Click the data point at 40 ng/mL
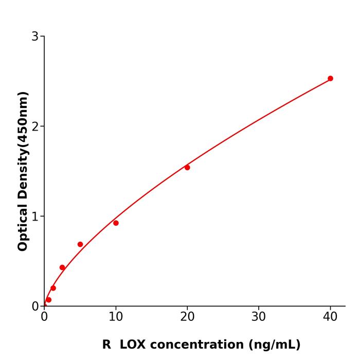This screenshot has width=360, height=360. coord(330,79)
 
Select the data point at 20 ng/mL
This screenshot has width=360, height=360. coord(187,168)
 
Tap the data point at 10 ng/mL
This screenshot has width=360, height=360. coord(116,223)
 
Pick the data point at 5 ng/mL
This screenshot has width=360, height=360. coord(80,244)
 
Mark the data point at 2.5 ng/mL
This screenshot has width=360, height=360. coord(62,267)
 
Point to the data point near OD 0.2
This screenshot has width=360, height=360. coord(53,288)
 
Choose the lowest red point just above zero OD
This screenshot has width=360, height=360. coord(48,300)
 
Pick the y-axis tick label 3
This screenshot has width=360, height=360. coord(35,37)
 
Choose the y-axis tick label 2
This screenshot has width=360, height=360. coord(35,127)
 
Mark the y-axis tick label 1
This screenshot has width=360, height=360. coord(35,217)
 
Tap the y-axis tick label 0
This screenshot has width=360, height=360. coord(35,307)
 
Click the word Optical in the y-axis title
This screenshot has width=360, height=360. coord(23,227)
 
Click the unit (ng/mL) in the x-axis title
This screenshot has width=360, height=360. coord(274,345)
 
